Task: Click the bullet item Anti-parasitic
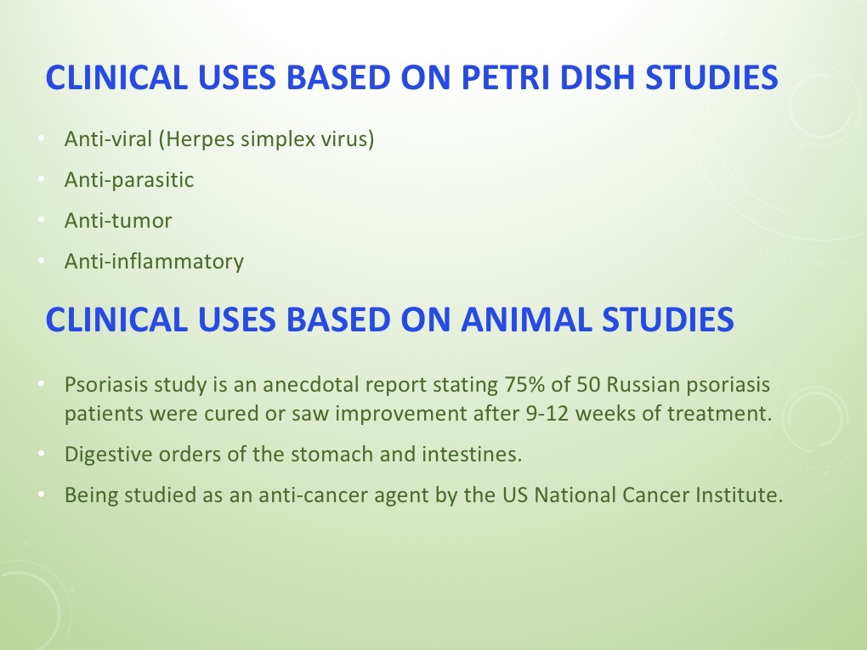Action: point(129,180)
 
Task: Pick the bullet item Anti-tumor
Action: point(118,221)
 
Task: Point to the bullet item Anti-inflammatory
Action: point(154,262)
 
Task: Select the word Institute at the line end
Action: point(738,495)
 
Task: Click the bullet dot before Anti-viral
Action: point(41,139)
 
